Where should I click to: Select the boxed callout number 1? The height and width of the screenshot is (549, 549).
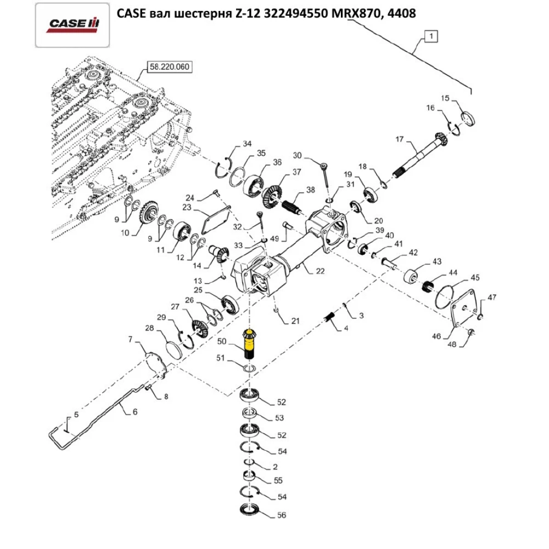click(432, 37)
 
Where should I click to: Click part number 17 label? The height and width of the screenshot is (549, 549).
click(399, 140)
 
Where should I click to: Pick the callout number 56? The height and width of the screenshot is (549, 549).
click(282, 516)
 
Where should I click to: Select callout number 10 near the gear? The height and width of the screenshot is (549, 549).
click(125, 233)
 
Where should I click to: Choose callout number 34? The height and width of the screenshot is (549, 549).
click(248, 144)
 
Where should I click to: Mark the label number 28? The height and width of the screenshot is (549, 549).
click(149, 328)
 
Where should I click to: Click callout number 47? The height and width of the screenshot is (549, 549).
click(492, 297)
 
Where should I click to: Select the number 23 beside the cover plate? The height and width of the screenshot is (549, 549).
click(187, 208)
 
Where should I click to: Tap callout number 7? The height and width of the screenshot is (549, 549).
click(130, 339)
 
